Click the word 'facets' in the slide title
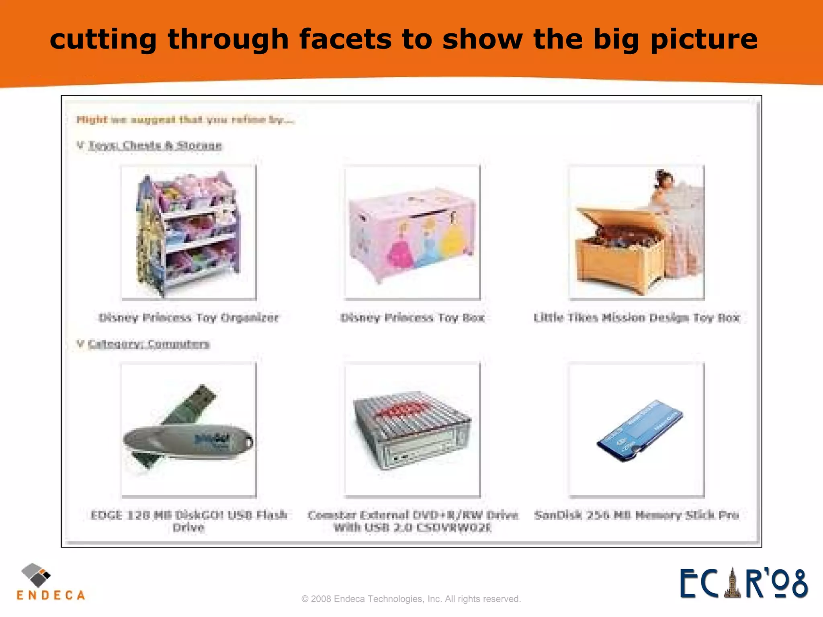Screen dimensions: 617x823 point(345,39)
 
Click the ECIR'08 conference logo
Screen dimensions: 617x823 point(743,583)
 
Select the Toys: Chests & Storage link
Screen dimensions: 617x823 point(155,145)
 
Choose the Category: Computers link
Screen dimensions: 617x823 point(149,344)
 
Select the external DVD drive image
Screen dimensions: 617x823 point(412,430)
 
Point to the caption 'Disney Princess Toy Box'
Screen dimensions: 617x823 point(412,318)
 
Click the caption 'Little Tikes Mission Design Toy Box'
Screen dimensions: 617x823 point(637,318)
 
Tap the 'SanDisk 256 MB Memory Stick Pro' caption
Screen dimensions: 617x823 point(637,515)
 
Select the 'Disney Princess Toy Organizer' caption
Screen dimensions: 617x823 point(188,318)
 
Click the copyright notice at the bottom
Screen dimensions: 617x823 point(411,599)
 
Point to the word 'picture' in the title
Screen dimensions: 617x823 point(703,39)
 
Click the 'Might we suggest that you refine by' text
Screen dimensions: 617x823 point(185,119)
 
